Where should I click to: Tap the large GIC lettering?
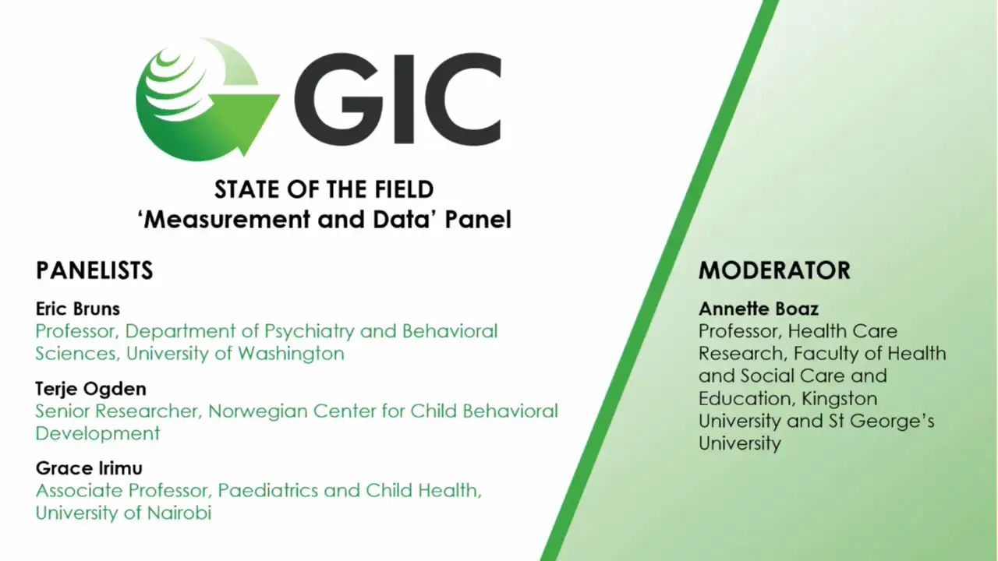click(x=398, y=99)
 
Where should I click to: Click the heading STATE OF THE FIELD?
click(x=324, y=189)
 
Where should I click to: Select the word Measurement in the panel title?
click(x=227, y=220)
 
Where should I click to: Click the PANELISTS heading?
click(x=94, y=270)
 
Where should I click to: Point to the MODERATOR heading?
click(x=774, y=270)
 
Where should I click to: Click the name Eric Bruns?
click(x=78, y=309)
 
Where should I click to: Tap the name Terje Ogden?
click(x=91, y=389)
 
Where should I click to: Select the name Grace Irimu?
click(x=89, y=468)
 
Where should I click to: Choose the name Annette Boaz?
click(x=759, y=309)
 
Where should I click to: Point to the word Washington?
click(x=291, y=354)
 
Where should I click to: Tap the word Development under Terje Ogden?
click(x=97, y=433)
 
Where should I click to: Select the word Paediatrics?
click(x=267, y=491)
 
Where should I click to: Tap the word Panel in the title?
click(x=478, y=220)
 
